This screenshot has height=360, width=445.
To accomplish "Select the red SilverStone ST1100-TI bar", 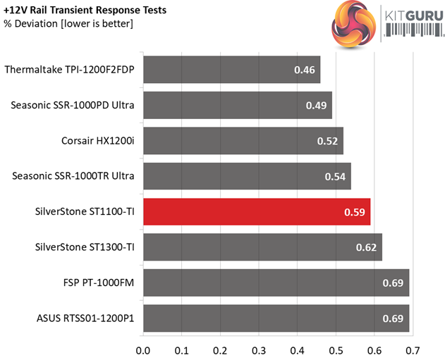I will [257, 211].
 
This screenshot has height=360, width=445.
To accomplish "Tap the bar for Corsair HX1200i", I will [243, 140].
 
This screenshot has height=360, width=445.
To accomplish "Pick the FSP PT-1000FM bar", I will [276, 282].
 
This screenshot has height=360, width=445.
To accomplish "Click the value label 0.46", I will [304, 70].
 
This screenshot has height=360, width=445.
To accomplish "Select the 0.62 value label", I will [365, 247].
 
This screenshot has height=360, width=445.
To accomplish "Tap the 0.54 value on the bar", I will [334, 176].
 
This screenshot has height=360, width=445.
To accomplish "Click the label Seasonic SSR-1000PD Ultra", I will [73, 105].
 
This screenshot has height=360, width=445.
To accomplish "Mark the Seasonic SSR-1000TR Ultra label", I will [73, 176].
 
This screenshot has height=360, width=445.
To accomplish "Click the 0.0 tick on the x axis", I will [143, 349].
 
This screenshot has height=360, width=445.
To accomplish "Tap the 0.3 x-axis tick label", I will [259, 349].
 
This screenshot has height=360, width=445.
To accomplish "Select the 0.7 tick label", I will [413, 349].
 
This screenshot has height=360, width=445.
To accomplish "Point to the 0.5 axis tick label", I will [336, 349].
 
